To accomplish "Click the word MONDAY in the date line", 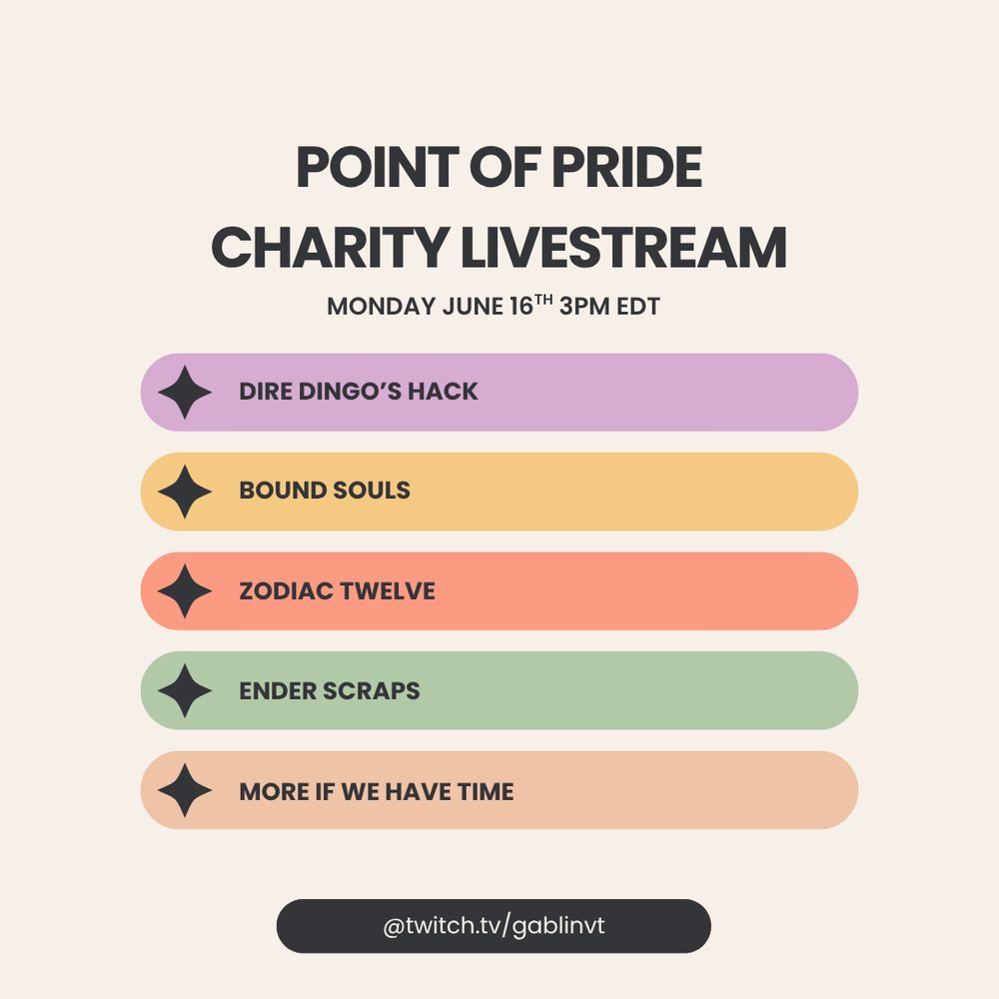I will [x=381, y=307].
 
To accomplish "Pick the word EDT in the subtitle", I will [x=638, y=307].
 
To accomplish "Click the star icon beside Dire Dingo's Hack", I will [x=185, y=393].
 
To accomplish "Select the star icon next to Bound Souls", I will [x=185, y=492].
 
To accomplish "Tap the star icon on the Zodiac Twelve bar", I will [x=185, y=591].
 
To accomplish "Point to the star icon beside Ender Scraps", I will [x=185, y=691].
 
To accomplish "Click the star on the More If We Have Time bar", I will [x=185, y=791].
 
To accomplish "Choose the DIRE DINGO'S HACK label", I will [x=359, y=392].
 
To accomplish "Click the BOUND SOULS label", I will [x=325, y=491].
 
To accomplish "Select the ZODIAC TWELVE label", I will [x=338, y=591].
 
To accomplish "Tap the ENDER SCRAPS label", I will [x=330, y=691].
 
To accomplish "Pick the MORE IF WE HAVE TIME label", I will [x=377, y=792].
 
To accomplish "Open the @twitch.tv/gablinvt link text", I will [x=494, y=926].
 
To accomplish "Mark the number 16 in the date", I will [x=521, y=307].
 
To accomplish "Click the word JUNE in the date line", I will [x=473, y=307].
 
